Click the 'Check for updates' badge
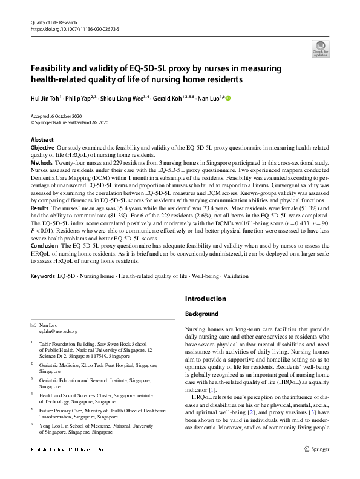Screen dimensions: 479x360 [x=320, y=48]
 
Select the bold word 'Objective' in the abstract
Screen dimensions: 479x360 [x=42, y=148]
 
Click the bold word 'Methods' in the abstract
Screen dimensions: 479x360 [x=41, y=163]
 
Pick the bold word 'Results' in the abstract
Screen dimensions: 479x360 [x=40, y=208]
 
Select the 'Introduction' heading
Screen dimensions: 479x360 [x=205, y=299]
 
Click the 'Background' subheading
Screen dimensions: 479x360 [x=201, y=314]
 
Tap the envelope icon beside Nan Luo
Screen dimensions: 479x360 [x=33, y=326]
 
